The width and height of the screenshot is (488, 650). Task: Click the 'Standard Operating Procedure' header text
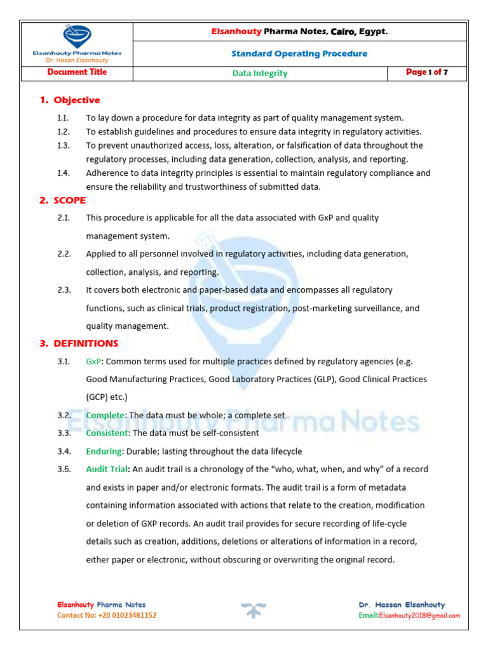pos(299,53)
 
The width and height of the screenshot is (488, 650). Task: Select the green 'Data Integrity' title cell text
pos(260,73)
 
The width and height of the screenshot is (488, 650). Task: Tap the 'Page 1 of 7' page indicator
pos(427,72)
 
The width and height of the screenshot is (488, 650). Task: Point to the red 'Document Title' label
pos(77,72)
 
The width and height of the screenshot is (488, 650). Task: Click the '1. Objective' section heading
pos(70,100)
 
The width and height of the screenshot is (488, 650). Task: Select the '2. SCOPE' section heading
pos(62,200)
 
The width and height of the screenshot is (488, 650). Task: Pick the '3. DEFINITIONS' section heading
pos(79,343)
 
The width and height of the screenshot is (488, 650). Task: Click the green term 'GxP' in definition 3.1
pos(93,361)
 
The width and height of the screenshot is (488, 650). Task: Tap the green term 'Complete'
pos(105,415)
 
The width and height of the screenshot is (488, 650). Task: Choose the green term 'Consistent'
pos(107,433)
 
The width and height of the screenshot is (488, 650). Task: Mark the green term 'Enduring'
pos(104,451)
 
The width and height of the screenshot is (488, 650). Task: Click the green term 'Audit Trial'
pos(108,469)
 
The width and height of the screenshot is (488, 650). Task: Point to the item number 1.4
pos(62,173)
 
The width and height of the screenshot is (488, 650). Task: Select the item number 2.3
pos(64,290)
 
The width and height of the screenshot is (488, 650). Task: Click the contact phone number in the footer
pos(107,615)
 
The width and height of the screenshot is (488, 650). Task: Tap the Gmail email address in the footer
pos(419,615)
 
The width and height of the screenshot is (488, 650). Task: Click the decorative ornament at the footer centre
pos(253,611)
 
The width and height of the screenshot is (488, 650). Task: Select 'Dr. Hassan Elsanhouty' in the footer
pos(402,605)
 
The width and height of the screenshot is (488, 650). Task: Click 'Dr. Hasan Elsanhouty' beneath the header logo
pos(76,60)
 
